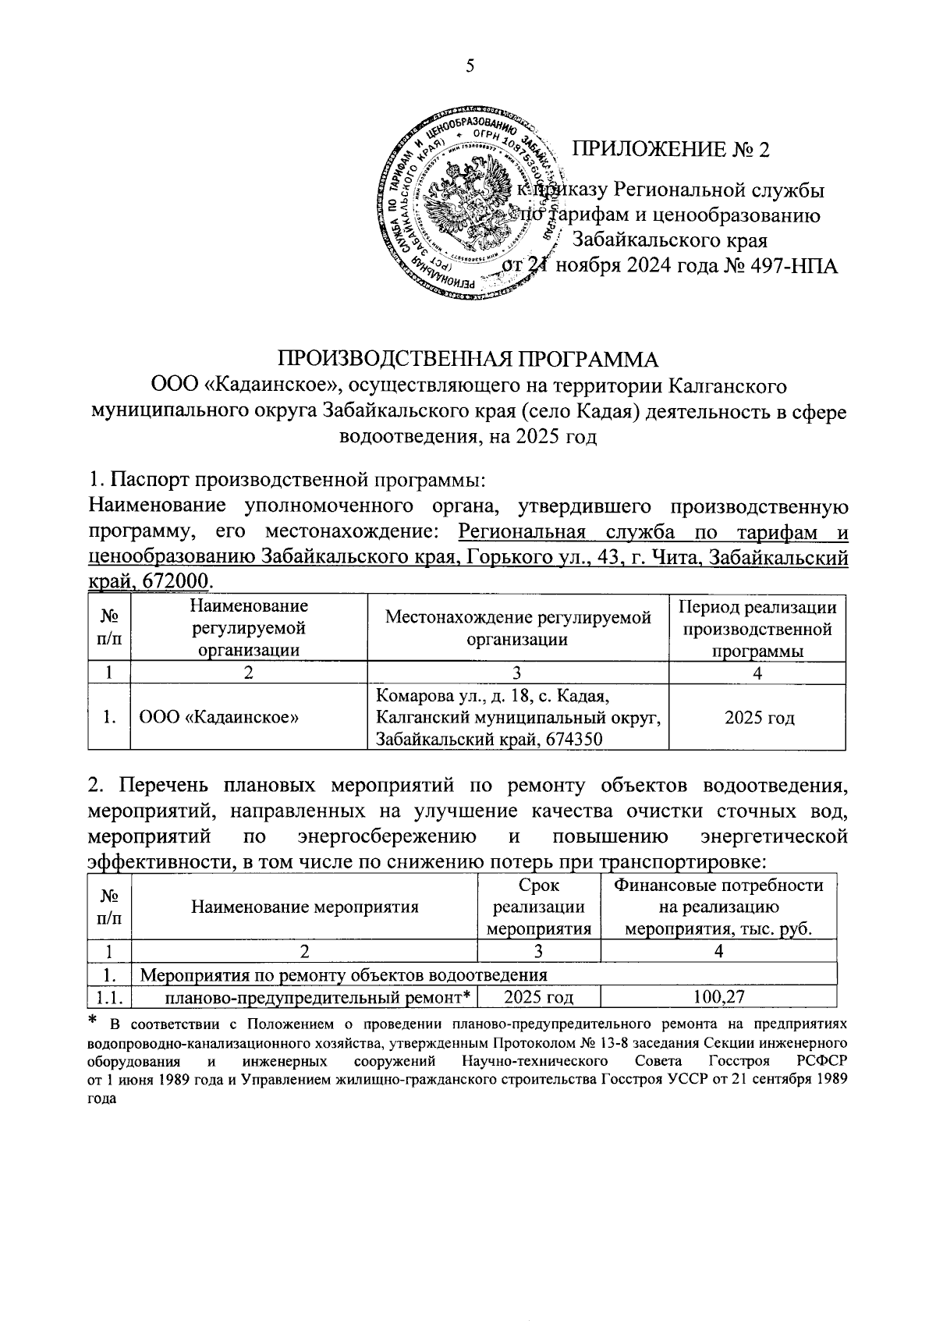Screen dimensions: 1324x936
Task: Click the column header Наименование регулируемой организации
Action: pyautogui.click(x=248, y=628)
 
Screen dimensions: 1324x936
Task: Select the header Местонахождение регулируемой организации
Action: pyautogui.click(x=518, y=629)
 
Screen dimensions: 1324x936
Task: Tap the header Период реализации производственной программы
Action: pyautogui.click(x=757, y=629)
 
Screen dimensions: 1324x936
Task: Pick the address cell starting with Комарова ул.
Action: pyautogui.click(x=518, y=718)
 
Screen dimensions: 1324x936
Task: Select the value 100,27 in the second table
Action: pyautogui.click(x=718, y=996)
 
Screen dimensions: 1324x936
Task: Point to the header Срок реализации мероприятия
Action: pyautogui.click(x=538, y=907)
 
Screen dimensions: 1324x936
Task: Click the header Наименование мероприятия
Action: pyautogui.click(x=305, y=907)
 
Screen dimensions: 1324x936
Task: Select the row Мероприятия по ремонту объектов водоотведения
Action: pyautogui.click(x=343, y=975)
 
